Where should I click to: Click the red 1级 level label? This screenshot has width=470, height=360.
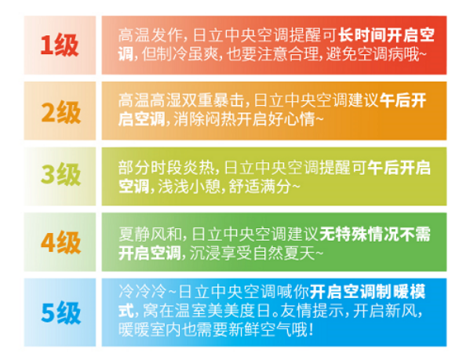pos(60,45)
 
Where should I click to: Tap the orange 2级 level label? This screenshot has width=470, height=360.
pos(61,112)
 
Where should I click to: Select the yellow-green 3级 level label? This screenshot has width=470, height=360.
pos(61,175)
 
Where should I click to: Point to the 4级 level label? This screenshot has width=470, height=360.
pos(61,242)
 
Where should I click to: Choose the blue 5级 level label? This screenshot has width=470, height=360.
pos(61,313)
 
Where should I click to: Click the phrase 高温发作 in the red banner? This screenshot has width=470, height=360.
pos(150,35)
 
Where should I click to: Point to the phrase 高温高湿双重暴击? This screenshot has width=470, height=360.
pos(180,101)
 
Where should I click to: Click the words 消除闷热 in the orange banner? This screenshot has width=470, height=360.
pos(205,119)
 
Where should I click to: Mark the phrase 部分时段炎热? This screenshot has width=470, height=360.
pos(165,167)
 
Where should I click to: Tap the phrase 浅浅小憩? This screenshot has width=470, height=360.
pos(189,186)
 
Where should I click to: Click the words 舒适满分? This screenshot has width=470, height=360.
pos(260,186)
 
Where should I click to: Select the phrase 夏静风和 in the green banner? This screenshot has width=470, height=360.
pos(150,235)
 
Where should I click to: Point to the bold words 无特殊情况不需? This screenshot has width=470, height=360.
pos(375,235)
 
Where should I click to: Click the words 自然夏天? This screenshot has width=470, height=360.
pos(283,253)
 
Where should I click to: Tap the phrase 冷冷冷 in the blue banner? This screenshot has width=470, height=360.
pos(142,292)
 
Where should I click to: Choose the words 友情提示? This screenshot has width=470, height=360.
pos(312,311)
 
